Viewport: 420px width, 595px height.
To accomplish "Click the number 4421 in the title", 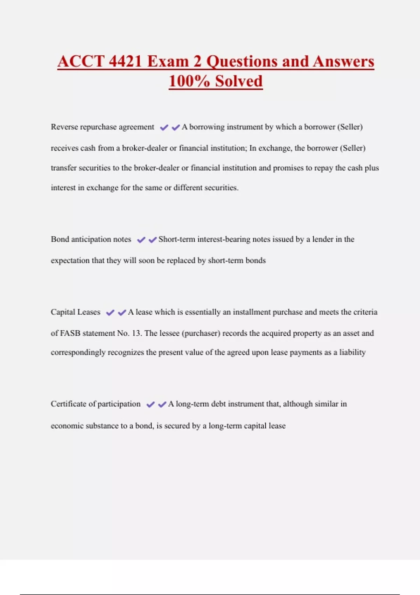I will (x=125, y=61).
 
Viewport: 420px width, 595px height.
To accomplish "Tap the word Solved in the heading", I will (x=239, y=81).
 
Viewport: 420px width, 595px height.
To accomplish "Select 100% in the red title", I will (x=189, y=81).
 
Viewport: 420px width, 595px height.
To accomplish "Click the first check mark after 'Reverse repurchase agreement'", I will (x=164, y=127).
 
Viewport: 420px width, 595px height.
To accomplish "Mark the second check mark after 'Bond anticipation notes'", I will (x=153, y=240).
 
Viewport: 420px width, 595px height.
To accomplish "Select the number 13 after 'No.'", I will (x=136, y=333).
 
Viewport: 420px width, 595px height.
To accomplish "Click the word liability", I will (x=352, y=352).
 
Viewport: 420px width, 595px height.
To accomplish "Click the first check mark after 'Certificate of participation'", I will (x=150, y=405).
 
